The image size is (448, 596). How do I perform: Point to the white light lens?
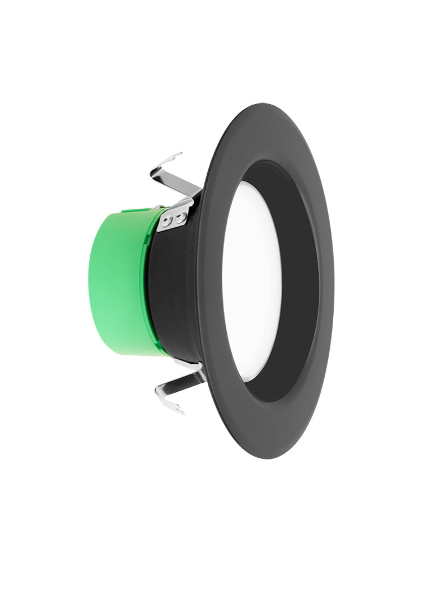coord(251,280)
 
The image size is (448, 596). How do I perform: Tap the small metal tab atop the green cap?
coord(158,207)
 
